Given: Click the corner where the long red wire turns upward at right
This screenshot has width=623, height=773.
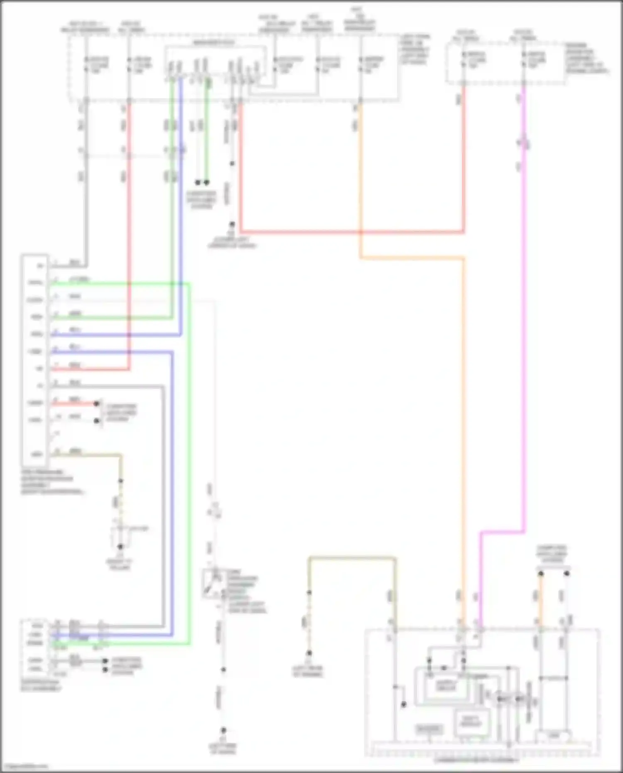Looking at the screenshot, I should pyautogui.click(x=464, y=232).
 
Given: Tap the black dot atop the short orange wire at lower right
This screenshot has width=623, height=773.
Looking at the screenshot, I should pyautogui.click(x=541, y=574).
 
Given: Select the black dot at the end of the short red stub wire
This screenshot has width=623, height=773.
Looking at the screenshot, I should pyautogui.click(x=96, y=403).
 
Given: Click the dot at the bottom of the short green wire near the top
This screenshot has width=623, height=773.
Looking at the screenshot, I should pyautogui.click(x=206, y=182).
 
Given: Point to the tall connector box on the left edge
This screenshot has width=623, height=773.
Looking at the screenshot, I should pyautogui.click(x=35, y=360).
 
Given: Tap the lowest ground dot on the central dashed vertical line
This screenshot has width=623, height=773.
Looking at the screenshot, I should pyautogui.click(x=223, y=730).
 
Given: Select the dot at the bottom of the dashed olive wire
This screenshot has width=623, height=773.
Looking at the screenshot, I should pyautogui.click(x=309, y=653).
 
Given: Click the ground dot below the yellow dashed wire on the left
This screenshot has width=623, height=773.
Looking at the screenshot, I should pyautogui.click(x=120, y=547).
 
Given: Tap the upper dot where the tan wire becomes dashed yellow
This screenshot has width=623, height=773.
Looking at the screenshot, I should pyautogui.click(x=121, y=481).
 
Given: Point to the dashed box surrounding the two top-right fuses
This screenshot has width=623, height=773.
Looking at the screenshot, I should pyautogui.click(x=505, y=62).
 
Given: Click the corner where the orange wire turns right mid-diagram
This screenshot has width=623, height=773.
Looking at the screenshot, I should pyautogui.click(x=361, y=258).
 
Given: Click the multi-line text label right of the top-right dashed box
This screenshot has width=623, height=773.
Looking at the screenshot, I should pyautogui.click(x=586, y=58).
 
